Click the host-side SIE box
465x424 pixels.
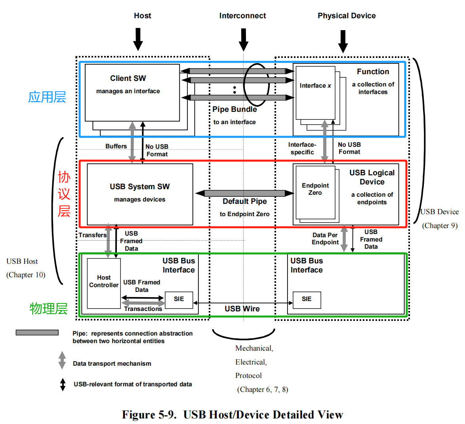coord(179,300)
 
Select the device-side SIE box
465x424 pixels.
coord(307,300)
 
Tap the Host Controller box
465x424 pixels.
coord(104,283)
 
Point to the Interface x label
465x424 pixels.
coord(315,86)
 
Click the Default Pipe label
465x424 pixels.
coord(245,201)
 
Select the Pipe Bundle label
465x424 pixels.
coord(234,109)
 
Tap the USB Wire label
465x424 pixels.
coord(242,309)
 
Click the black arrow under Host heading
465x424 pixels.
coord(138,39)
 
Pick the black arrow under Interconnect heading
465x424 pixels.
coord(244,40)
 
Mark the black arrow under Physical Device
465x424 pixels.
coord(343,41)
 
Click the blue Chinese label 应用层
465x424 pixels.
coord(47,97)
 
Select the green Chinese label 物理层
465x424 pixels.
coord(49,309)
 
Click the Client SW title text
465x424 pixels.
coord(128,79)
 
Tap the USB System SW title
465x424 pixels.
coord(140,186)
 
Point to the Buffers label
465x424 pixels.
coord(116,146)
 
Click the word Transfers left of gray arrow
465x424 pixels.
coord(93,235)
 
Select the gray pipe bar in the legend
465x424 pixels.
coord(37,332)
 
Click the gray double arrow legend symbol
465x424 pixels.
coord(62,360)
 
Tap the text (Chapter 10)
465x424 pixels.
coord(26,275)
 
